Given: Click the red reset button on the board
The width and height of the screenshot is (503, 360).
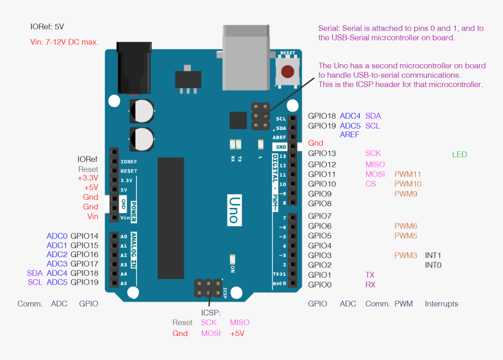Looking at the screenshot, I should (287, 72).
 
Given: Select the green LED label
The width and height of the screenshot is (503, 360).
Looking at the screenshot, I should (459, 154).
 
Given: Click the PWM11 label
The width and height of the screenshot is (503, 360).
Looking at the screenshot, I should (408, 174).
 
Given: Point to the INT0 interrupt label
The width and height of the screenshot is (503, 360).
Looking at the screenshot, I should (433, 265).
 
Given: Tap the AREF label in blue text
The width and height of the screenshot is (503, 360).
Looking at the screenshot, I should (349, 134).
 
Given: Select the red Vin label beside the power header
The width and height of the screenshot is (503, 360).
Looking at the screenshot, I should (92, 216).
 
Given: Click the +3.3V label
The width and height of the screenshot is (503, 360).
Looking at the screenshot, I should (88, 178).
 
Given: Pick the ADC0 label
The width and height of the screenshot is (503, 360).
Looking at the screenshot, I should (57, 236).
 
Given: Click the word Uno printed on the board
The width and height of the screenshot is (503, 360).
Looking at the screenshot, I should (232, 209).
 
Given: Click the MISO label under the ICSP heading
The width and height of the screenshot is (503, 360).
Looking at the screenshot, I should (239, 322).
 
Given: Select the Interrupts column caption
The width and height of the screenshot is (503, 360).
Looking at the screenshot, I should (441, 304).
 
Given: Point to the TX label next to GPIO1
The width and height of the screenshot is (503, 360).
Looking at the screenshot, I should (370, 275).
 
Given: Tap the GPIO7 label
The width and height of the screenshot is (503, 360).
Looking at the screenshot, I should (319, 216).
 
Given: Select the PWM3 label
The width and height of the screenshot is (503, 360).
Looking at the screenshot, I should (405, 255).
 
